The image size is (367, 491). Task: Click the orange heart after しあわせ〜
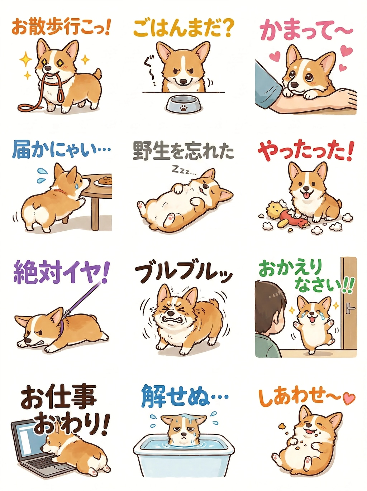coord(348,398)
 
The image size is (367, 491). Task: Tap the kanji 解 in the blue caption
coord(153,396)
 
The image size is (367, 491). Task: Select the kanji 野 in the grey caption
coord(143,151)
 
